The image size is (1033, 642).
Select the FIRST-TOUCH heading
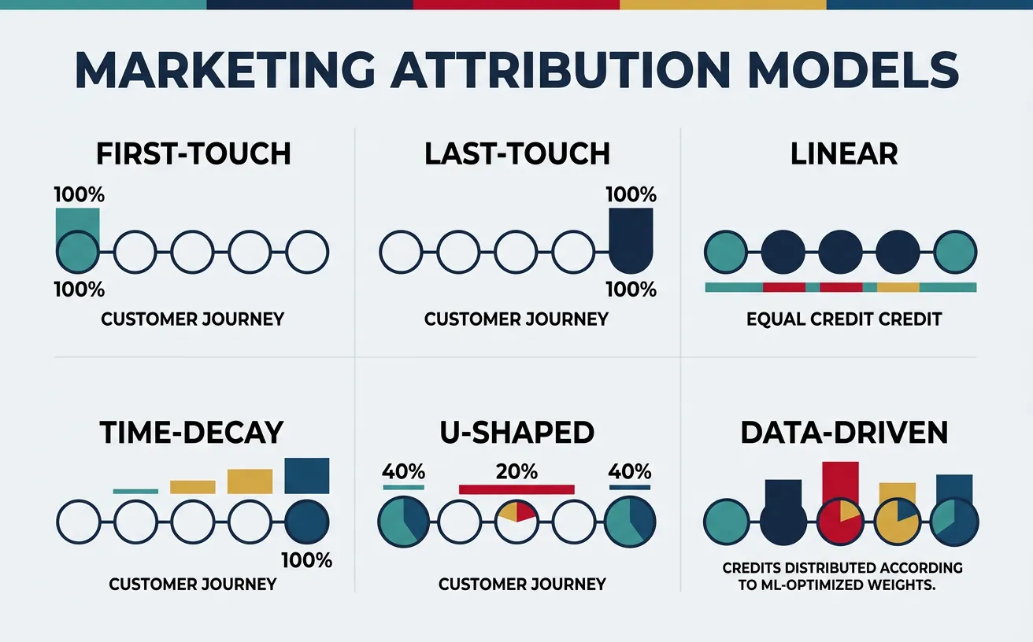coord(194,153)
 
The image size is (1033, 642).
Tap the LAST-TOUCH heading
coord(517,153)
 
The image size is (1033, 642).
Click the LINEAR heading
coord(844,153)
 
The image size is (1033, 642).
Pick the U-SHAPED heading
coord(516,433)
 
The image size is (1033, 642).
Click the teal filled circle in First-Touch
coord(79,253)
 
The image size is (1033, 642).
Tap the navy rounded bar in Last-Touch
coord(631,240)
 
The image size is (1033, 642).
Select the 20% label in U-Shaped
coord(517,472)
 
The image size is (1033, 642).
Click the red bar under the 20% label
coord(517,489)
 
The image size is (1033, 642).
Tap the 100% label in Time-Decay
coord(306,561)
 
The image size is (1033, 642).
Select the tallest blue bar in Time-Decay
coord(306,476)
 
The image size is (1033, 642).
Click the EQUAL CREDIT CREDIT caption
coord(843,320)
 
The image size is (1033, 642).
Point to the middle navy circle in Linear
coord(841,253)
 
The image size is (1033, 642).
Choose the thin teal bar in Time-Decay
coord(135,491)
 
